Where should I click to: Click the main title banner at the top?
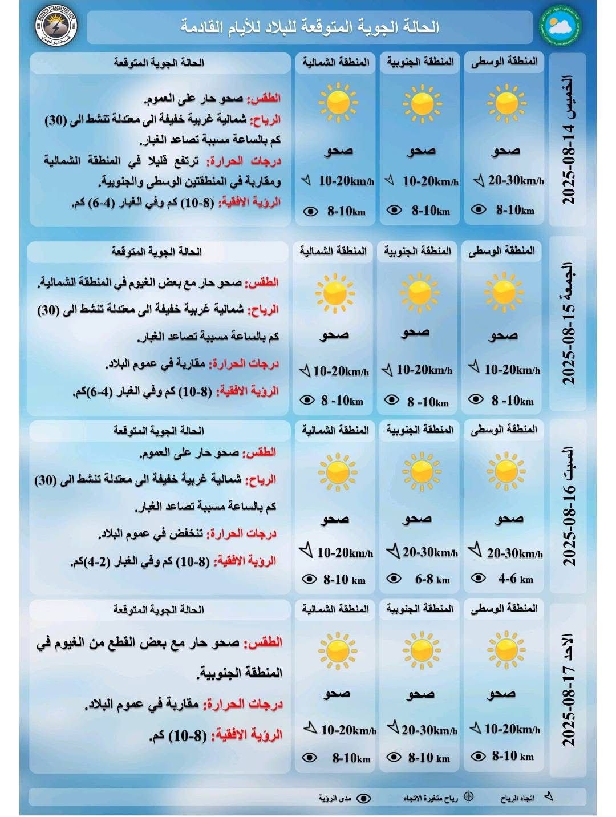coord(310,27)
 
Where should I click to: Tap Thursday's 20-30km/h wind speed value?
coord(516,180)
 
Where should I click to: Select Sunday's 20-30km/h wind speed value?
coord(429,730)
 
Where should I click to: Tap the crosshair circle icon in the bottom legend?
coord(468,797)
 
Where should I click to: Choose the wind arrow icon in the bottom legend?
coord(549,796)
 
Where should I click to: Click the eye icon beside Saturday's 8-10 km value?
coord(309,579)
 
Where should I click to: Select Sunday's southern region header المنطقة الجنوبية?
coord(420,609)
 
